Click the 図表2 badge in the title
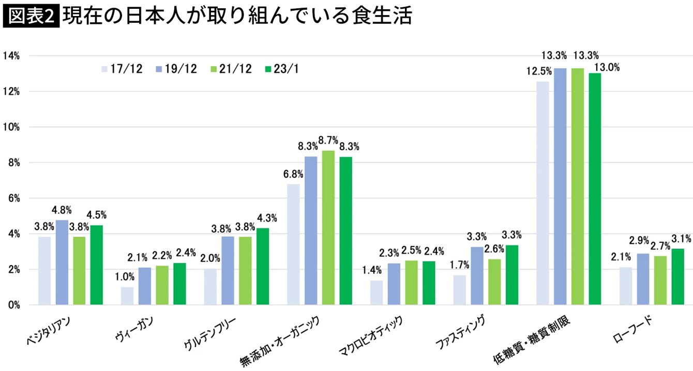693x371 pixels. [x=31, y=17]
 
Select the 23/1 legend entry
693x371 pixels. [x=282, y=69]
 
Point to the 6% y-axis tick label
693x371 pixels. [x=12, y=198]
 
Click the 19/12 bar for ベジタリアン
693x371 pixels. [x=62, y=262]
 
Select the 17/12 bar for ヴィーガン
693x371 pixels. [x=127, y=296]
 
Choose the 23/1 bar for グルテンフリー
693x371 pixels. [x=263, y=267]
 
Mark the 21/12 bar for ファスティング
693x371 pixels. [x=494, y=282]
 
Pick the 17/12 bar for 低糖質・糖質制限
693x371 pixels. [x=543, y=193]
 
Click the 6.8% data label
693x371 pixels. [x=293, y=174]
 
